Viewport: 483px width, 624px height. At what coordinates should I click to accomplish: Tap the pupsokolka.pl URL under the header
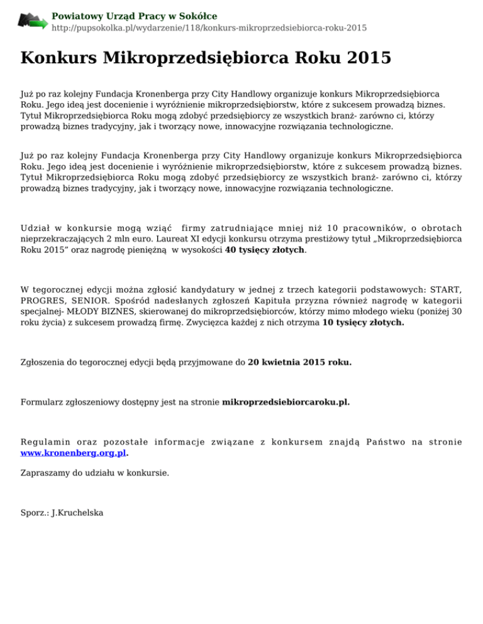click(209, 28)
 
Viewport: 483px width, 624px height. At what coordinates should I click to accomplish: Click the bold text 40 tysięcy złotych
click(264, 249)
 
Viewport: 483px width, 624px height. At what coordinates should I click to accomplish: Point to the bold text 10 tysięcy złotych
click(363, 323)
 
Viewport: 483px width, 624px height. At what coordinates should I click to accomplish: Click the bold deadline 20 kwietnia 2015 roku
click(300, 362)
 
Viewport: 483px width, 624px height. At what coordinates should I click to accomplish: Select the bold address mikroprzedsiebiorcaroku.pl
click(286, 401)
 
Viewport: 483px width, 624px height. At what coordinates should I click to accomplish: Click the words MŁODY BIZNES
click(91, 311)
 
